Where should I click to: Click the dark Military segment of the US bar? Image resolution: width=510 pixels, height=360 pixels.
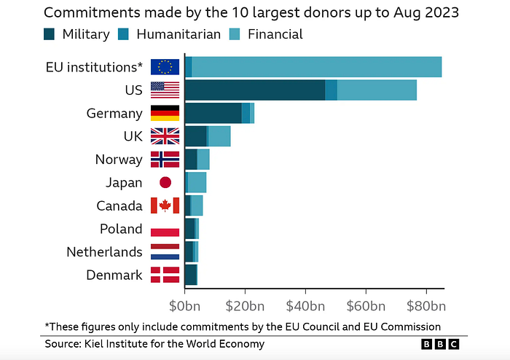click(255, 90)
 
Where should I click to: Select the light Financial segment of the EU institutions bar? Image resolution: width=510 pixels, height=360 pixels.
click(317, 67)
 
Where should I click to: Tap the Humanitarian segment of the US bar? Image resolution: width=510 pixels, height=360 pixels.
click(331, 90)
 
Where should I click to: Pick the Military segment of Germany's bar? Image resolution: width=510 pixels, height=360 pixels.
click(213, 113)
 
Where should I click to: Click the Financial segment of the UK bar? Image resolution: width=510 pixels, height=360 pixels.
click(219, 136)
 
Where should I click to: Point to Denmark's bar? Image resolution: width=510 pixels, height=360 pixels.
click(191, 275)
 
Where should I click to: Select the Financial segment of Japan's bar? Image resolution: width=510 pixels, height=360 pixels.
click(197, 182)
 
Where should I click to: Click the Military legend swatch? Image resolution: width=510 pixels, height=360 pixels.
click(49, 34)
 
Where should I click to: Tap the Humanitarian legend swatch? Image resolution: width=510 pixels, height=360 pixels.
click(123, 34)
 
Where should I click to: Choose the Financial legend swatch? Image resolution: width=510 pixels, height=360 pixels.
click(235, 34)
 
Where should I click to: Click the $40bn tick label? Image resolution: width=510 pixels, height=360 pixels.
click(305, 306)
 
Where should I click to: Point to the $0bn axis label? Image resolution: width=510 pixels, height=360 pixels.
click(185, 306)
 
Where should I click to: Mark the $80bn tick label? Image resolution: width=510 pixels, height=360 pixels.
click(426, 306)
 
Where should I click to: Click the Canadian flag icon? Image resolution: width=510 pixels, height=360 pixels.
click(165, 206)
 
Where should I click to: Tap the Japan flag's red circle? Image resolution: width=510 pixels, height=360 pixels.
click(165, 182)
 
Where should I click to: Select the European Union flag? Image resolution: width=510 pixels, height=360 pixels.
click(165, 67)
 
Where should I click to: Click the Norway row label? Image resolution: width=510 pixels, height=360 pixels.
click(119, 160)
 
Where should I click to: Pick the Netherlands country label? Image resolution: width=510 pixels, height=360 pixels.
click(104, 251)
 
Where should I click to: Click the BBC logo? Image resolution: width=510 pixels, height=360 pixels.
click(440, 344)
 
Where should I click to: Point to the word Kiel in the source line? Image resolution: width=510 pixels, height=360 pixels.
click(93, 344)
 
